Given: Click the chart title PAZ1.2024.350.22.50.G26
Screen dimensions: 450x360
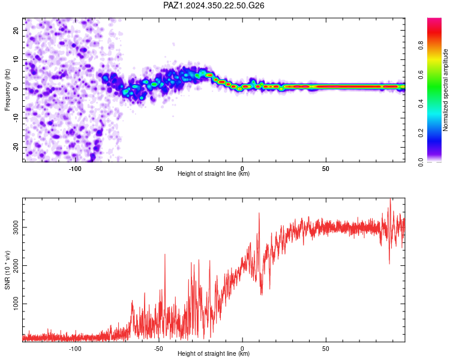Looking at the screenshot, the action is point(214,5).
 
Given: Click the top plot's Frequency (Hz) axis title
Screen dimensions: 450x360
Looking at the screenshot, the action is point(7,89).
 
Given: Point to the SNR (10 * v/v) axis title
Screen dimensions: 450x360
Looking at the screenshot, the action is point(7,270).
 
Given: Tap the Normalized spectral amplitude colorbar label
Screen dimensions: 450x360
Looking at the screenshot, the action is point(445,90).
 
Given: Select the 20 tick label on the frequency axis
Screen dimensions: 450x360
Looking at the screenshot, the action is point(16,30).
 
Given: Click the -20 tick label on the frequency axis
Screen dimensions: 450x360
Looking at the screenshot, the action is point(16,147).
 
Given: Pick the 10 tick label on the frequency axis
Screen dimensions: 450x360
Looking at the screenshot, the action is point(16,59).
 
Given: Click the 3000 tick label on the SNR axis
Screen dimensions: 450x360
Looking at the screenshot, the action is point(16,227).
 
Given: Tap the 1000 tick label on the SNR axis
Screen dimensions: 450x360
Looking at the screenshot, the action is point(16,304).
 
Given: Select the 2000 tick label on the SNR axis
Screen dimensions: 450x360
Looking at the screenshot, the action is point(16,266).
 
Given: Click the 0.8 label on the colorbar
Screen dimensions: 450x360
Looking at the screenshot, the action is point(421,46).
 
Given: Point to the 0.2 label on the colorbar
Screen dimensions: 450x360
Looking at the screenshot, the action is point(421,133).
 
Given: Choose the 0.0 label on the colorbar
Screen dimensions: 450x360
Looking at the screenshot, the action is point(421,162).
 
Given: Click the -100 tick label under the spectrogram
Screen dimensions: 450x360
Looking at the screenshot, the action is point(75,169).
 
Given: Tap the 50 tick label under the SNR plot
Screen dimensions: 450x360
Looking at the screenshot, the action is point(325,349).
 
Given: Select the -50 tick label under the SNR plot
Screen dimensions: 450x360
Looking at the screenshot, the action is point(158,349).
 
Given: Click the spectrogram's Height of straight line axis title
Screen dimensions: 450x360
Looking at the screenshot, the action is point(214,173).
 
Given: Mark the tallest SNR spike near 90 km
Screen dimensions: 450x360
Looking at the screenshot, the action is point(390,199).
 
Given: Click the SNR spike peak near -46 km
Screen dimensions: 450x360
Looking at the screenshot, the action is point(165,254).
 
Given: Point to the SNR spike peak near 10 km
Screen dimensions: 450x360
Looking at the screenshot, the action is point(259,213).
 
